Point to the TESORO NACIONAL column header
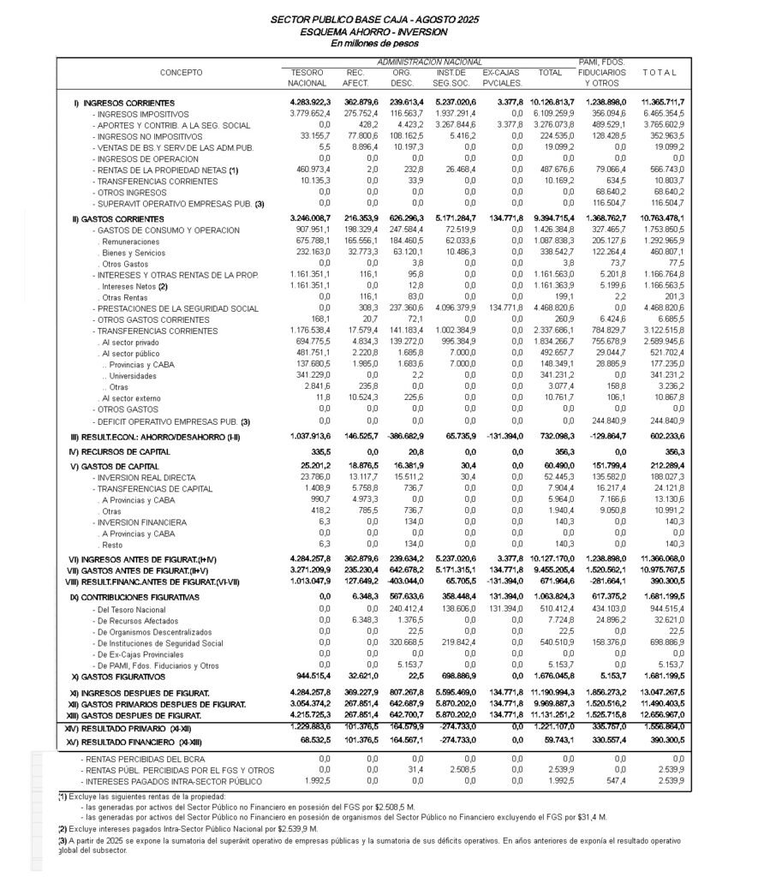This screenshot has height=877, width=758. [x=307, y=78]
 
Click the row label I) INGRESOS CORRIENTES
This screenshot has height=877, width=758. [x=129, y=103]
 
